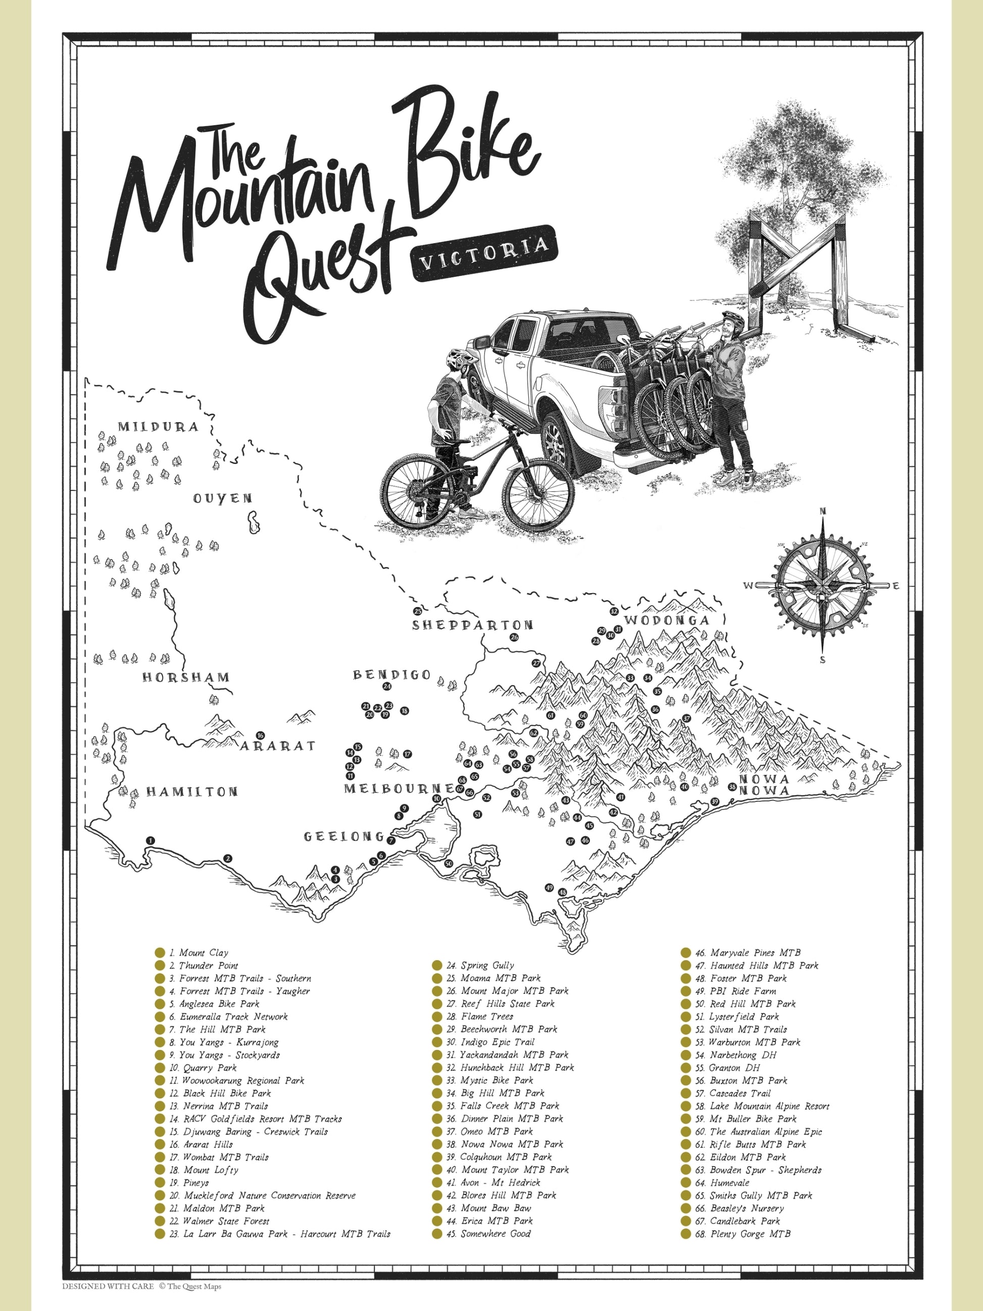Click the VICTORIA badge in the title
click(x=484, y=253)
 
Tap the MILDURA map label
click(x=158, y=427)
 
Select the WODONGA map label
click(x=667, y=621)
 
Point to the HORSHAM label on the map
click(x=185, y=677)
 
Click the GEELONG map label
click(x=345, y=836)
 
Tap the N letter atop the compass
click(x=822, y=512)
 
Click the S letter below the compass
click(x=823, y=660)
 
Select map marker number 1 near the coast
click(x=150, y=840)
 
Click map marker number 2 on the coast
click(x=227, y=858)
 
